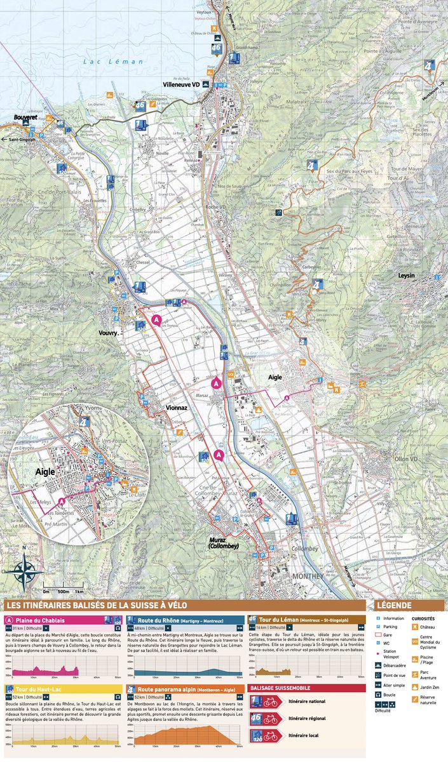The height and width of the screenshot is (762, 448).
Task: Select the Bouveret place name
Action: tap(25, 118)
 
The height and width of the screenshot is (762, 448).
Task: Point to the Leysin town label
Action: tap(406, 276)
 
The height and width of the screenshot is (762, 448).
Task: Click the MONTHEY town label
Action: tap(309, 576)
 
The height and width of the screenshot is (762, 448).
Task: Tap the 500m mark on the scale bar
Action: tap(63, 591)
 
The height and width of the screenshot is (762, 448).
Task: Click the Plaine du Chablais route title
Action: tap(42, 620)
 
